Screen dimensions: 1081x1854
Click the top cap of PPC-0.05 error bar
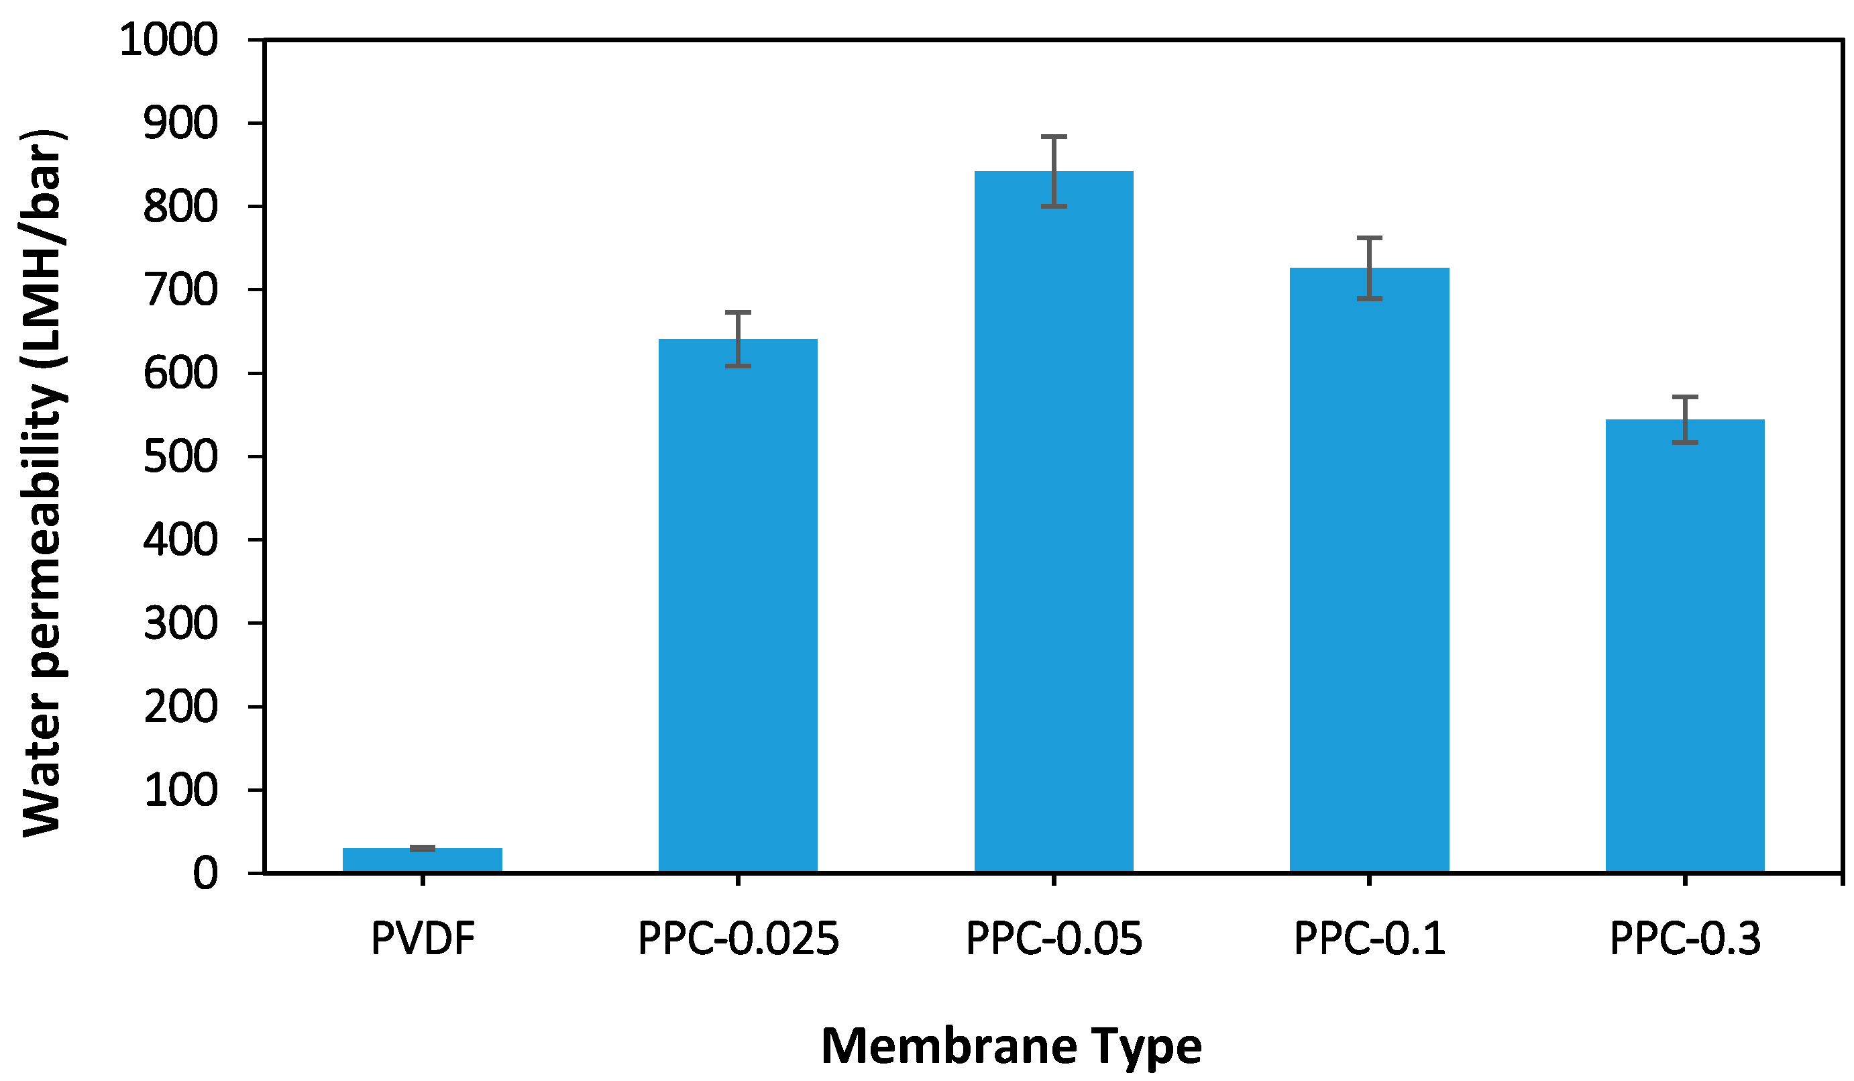pyautogui.click(x=1054, y=137)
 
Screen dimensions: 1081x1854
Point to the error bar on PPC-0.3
pyautogui.click(x=1685, y=419)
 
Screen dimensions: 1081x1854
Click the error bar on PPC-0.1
pyautogui.click(x=1369, y=268)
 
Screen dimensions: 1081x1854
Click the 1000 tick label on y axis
pyautogui.click(x=168, y=40)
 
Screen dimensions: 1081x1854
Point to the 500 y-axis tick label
pyautogui.click(x=180, y=457)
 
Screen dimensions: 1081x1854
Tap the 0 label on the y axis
pyautogui.click(x=205, y=874)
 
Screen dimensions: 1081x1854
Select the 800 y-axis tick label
pyautogui.click(x=180, y=207)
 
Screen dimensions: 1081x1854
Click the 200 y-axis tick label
pyautogui.click(x=180, y=707)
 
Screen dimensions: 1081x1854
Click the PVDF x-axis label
pyautogui.click(x=423, y=938)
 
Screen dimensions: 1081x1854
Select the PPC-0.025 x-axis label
pyautogui.click(x=738, y=938)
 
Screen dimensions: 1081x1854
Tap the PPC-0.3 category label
pyautogui.click(x=1685, y=938)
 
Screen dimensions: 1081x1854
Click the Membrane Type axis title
pyautogui.click(x=1011, y=1045)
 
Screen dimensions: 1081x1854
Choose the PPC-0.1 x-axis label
pyautogui.click(x=1369, y=938)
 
